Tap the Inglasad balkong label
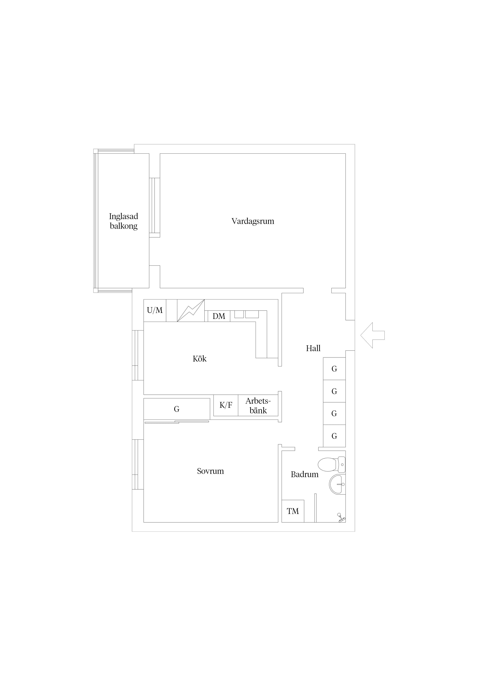click(124, 221)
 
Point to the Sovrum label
click(210, 471)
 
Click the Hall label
click(313, 348)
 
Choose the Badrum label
click(305, 474)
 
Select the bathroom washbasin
click(337, 484)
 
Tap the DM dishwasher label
click(219, 316)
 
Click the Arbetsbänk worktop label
click(258, 406)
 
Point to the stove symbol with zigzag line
click(191, 311)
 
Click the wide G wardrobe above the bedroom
click(177, 409)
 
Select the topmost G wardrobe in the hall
click(334, 369)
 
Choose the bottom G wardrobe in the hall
click(334, 436)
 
